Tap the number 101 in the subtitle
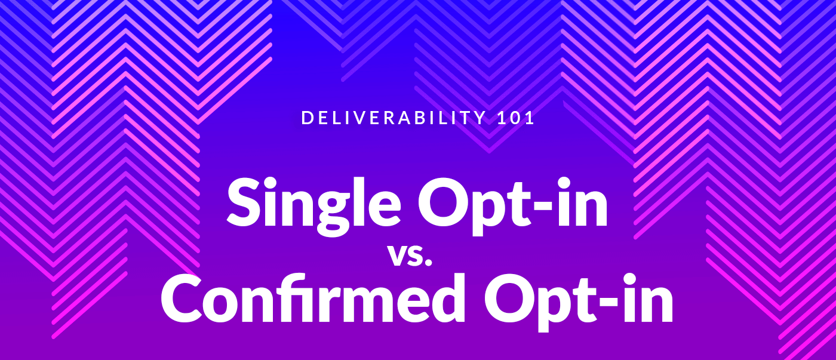click(516, 118)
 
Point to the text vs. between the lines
click(410, 256)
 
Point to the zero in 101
click(516, 118)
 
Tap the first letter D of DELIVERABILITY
click(307, 118)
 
